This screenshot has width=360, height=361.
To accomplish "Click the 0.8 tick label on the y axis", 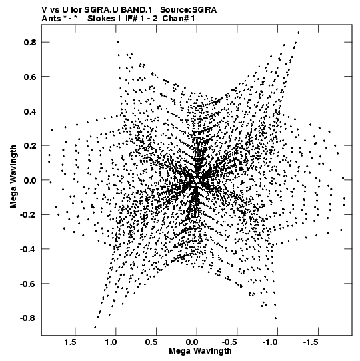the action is tap(30, 42).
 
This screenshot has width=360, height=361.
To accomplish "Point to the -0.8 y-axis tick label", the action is tap(28, 318).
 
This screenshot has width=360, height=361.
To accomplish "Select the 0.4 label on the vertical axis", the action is tap(30, 111).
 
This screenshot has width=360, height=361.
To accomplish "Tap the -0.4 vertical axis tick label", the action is tap(28, 249).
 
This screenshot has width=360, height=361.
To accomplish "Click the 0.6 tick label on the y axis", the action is tap(30, 77).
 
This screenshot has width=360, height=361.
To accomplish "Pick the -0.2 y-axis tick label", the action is tap(28, 215).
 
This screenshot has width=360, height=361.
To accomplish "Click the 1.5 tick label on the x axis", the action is tap(71, 342).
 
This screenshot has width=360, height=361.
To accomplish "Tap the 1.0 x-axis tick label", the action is tap(111, 342).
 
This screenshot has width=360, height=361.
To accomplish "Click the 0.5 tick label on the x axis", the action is tap(151, 342).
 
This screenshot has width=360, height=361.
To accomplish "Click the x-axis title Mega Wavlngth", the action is tap(200, 351).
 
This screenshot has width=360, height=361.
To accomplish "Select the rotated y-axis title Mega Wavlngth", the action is tap(13, 177).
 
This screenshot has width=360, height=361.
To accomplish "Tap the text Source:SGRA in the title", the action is tap(189, 10).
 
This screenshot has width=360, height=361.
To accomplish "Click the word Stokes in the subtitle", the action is tap(101, 19).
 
